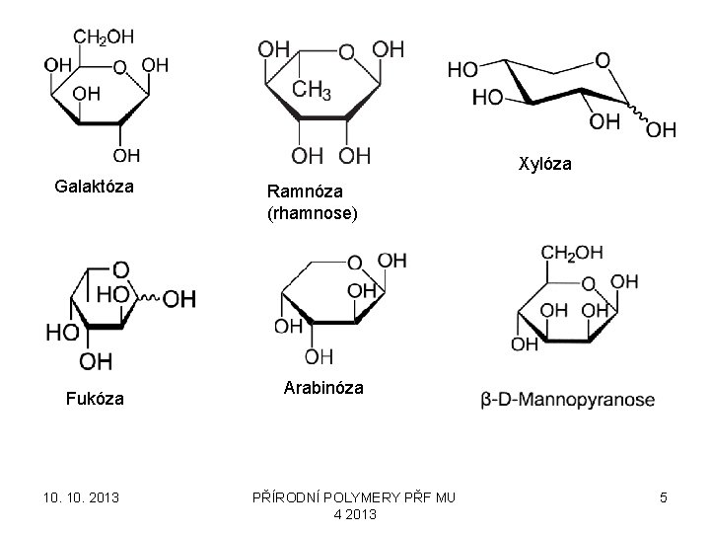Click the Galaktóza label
click(94, 187)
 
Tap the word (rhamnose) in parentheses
click(311, 212)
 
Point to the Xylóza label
click(544, 164)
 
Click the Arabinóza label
click(321, 388)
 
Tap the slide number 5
click(664, 497)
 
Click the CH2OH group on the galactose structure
click(103, 38)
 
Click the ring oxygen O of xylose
click(603, 61)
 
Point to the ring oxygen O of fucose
click(119, 268)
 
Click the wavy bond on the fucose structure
click(148, 297)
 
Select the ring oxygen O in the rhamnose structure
click(344, 51)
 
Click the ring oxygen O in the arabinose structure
click(357, 263)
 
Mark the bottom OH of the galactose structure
click(125, 155)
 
